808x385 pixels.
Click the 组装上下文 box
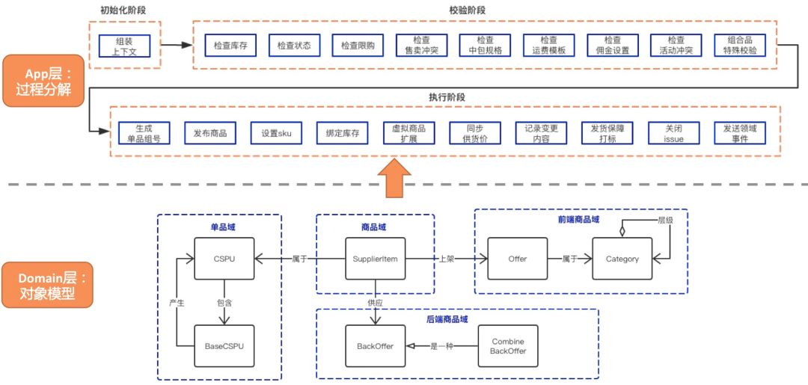click(x=125, y=46)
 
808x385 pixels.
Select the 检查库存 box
click(x=231, y=46)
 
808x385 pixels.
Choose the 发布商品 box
click(x=210, y=133)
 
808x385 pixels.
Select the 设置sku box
click(x=276, y=133)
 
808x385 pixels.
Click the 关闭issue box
click(x=673, y=133)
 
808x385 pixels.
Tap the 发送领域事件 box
click(x=740, y=133)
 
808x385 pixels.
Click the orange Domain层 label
click(x=47, y=285)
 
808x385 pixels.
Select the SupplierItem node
click(x=375, y=259)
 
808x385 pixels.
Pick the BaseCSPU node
click(x=224, y=346)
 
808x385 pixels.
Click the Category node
click(x=622, y=259)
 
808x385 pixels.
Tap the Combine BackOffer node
click(x=508, y=346)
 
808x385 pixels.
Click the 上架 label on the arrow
click(x=447, y=259)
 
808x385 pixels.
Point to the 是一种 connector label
click(x=441, y=346)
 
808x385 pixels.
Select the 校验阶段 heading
click(x=485, y=11)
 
